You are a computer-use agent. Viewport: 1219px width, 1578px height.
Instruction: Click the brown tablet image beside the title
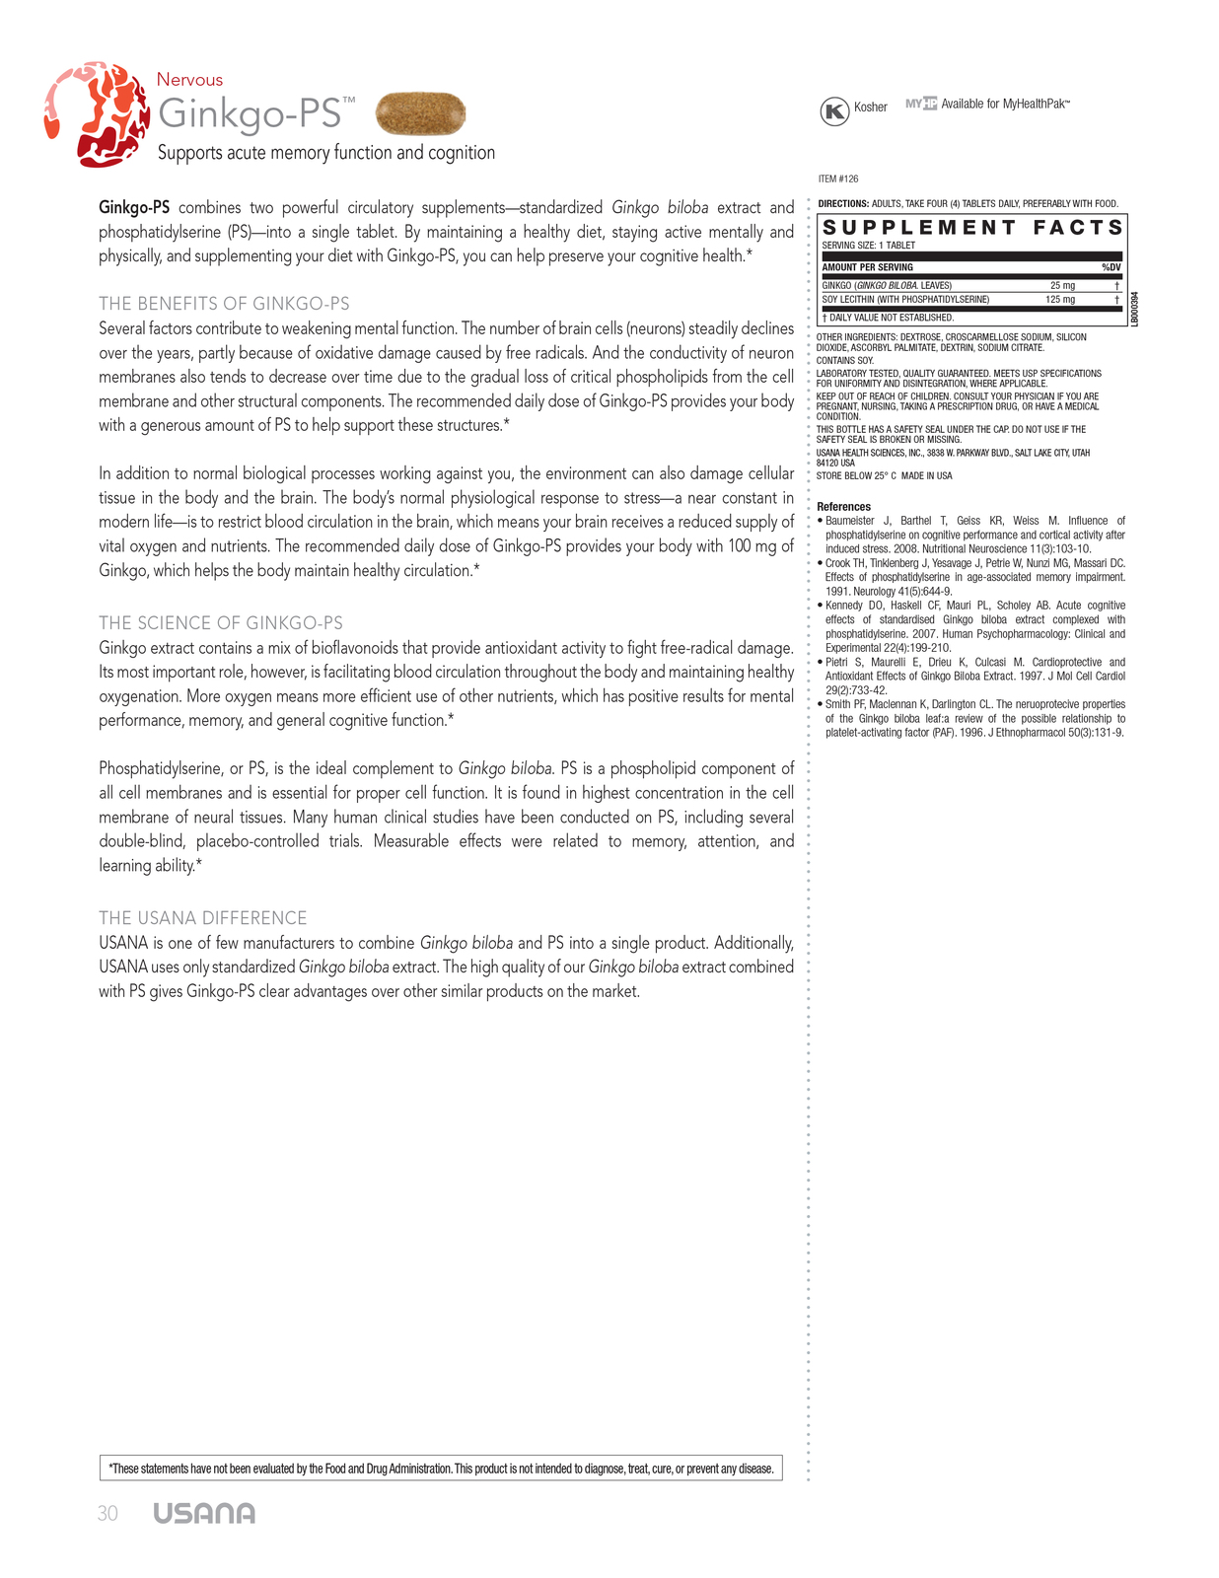pos(421,113)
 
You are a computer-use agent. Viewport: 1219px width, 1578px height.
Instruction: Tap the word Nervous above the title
pos(189,80)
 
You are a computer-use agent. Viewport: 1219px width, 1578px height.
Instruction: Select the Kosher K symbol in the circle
pos(834,111)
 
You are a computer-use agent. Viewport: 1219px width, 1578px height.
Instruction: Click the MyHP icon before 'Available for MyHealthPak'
pos(921,104)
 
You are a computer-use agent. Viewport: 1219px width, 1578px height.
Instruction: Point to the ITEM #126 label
pos(838,179)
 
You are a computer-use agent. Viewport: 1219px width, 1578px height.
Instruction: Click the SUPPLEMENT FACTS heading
pos(972,228)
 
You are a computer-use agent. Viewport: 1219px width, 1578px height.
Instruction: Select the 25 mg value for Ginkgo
pos(1062,286)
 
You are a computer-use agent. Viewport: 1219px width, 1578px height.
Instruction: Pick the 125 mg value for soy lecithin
pos(1060,300)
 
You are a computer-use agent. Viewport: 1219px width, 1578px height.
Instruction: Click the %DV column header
pos(1111,267)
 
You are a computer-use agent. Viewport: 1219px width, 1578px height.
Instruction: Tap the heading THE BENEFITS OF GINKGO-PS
pos(224,304)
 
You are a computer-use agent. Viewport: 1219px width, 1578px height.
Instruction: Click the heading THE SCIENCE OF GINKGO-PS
pos(221,623)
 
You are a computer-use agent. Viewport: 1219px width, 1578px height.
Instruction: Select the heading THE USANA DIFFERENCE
pos(203,918)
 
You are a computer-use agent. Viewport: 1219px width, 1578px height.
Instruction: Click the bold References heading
pos(843,507)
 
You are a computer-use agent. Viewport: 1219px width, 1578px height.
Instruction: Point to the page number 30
pos(108,1514)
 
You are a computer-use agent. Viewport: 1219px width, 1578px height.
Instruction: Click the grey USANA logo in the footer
pos(204,1514)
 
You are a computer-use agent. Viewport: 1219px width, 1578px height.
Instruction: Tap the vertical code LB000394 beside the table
pos(1135,309)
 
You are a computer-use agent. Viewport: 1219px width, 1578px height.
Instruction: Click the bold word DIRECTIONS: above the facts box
pos(843,204)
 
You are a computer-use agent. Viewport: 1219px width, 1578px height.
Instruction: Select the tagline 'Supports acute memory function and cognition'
pos(326,153)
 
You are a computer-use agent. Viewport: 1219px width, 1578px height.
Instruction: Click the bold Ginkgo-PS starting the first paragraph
pos(134,208)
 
